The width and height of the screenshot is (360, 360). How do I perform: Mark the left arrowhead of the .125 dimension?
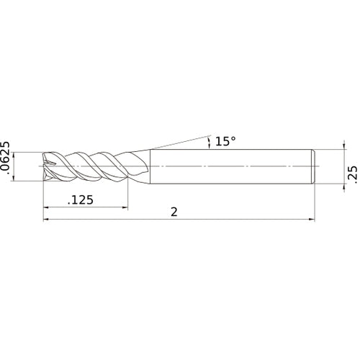(47, 209)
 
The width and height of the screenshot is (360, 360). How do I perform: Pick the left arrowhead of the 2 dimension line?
(47, 220)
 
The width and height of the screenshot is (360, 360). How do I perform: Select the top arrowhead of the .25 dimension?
(339, 151)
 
